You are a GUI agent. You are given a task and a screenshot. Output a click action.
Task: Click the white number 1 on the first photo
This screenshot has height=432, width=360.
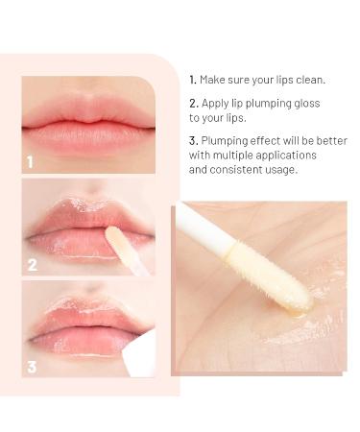[x=30, y=162]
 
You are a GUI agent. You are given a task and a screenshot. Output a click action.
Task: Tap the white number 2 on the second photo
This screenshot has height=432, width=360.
[x=33, y=265]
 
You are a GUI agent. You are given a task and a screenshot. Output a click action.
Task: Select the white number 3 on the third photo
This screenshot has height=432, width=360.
[x=32, y=367]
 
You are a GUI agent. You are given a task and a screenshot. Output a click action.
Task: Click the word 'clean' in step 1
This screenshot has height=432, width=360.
[x=309, y=80]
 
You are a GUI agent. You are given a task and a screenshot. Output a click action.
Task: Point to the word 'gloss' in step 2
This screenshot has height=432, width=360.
[x=306, y=104]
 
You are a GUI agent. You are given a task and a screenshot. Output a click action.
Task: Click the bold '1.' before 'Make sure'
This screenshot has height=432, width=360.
[x=193, y=80]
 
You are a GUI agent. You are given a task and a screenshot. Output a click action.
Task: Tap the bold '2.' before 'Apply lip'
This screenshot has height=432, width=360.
[x=194, y=104]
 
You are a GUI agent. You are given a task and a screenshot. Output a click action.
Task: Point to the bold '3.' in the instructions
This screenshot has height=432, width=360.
[x=194, y=141]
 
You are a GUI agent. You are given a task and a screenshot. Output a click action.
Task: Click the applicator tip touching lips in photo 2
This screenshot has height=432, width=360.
[x=114, y=239]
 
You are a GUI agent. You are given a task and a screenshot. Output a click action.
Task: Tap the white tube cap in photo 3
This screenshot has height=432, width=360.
[x=139, y=353]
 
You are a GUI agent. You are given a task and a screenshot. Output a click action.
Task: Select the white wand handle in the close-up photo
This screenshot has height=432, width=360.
[x=205, y=225]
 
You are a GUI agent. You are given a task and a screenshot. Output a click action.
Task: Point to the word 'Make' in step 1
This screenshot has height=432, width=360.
[x=212, y=80]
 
